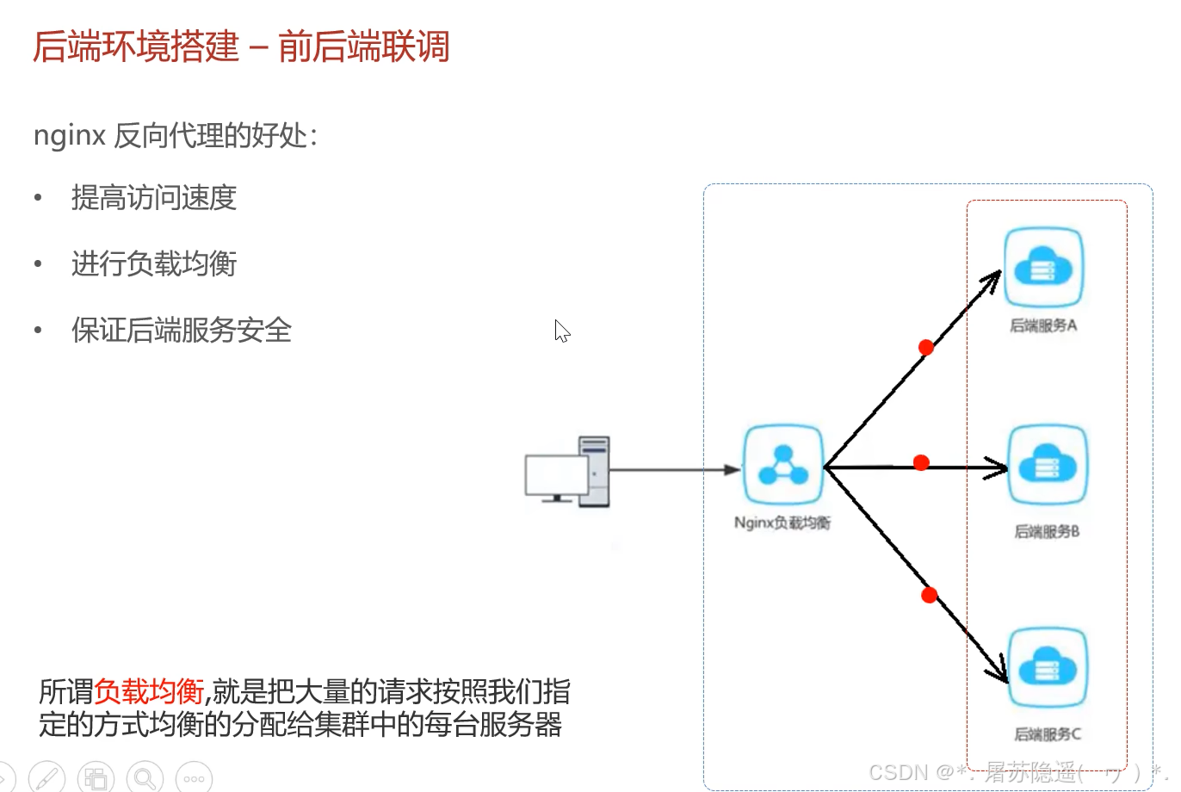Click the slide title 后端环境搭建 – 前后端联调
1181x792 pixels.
[x=241, y=46]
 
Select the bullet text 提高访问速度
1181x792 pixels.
[x=154, y=198]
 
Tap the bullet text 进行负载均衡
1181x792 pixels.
[x=154, y=263]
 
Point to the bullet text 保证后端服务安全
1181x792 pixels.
[x=182, y=330]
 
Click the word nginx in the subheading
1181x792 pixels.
[x=70, y=135]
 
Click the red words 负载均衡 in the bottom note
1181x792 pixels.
[x=149, y=691]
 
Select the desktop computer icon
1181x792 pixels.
[x=568, y=471]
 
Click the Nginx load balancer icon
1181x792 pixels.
[x=782, y=464]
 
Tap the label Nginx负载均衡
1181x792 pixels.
[x=782, y=523]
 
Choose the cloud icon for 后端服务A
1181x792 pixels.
[x=1043, y=267]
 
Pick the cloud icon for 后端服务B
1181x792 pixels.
[x=1047, y=465]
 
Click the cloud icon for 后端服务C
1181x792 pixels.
[x=1047, y=667]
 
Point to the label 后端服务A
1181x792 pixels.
[x=1043, y=325]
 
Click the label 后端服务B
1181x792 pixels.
[x=1047, y=531]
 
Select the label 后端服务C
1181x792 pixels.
[x=1047, y=734]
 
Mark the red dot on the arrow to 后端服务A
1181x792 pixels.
[x=926, y=347]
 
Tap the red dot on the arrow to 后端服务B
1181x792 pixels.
[x=921, y=462]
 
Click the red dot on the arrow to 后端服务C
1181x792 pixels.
[x=929, y=595]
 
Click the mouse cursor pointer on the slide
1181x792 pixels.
[x=561, y=330]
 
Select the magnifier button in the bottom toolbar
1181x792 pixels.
[x=145, y=778]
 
